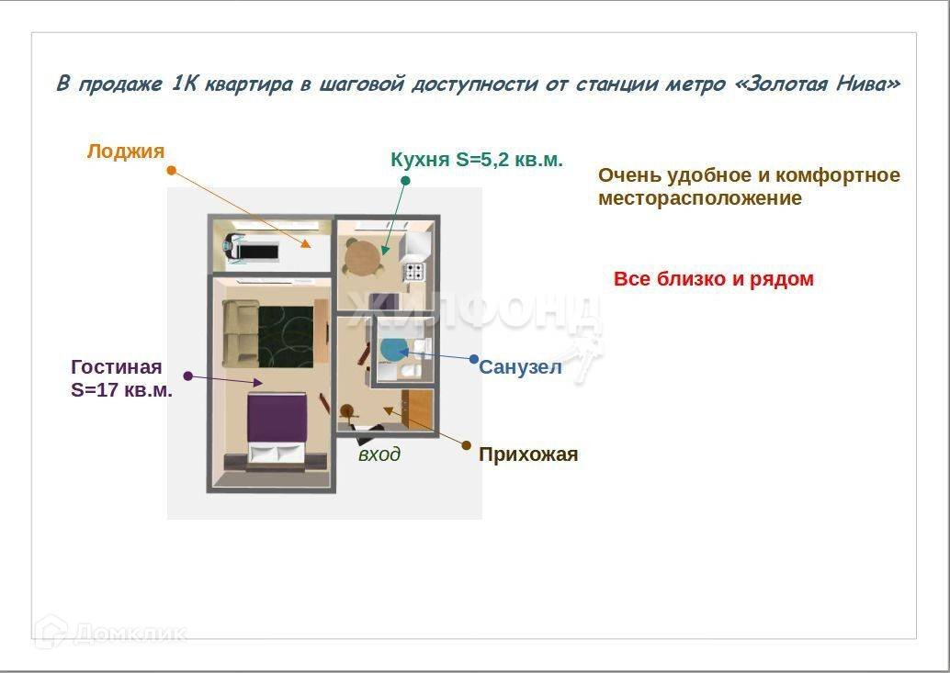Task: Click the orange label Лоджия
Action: point(126,151)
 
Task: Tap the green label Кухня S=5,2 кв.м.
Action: point(477,159)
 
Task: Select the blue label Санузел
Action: point(520,366)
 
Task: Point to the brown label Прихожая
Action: point(528,454)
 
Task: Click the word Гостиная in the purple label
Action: point(117,366)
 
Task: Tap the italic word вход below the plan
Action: point(379,454)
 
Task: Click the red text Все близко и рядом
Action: point(714,279)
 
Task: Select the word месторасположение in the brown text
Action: point(700,198)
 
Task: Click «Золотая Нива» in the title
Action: point(818,83)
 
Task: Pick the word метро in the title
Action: point(696,84)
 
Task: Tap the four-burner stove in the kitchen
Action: point(415,271)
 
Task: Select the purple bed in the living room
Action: point(277,429)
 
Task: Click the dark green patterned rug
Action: point(286,336)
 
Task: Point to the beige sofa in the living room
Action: point(241,334)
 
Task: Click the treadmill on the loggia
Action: point(252,249)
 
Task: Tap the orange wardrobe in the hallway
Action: point(417,409)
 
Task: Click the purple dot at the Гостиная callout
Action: point(187,376)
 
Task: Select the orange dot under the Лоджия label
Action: point(172,171)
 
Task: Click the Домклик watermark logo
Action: point(110,633)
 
